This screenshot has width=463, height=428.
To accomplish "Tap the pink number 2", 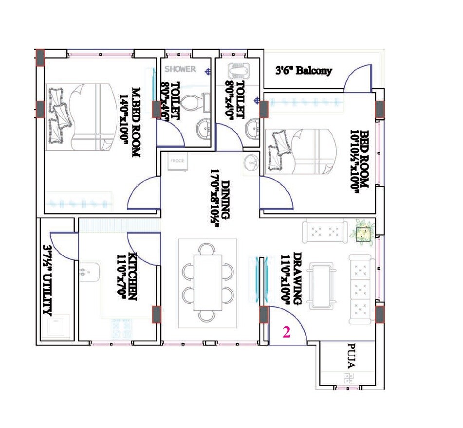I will [287, 333].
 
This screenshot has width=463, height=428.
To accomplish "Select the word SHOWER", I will [180, 69].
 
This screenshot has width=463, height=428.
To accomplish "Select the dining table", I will [207, 282].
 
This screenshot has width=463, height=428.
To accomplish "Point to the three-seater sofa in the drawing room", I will [361, 290].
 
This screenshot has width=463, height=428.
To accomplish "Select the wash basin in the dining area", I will [251, 162].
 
